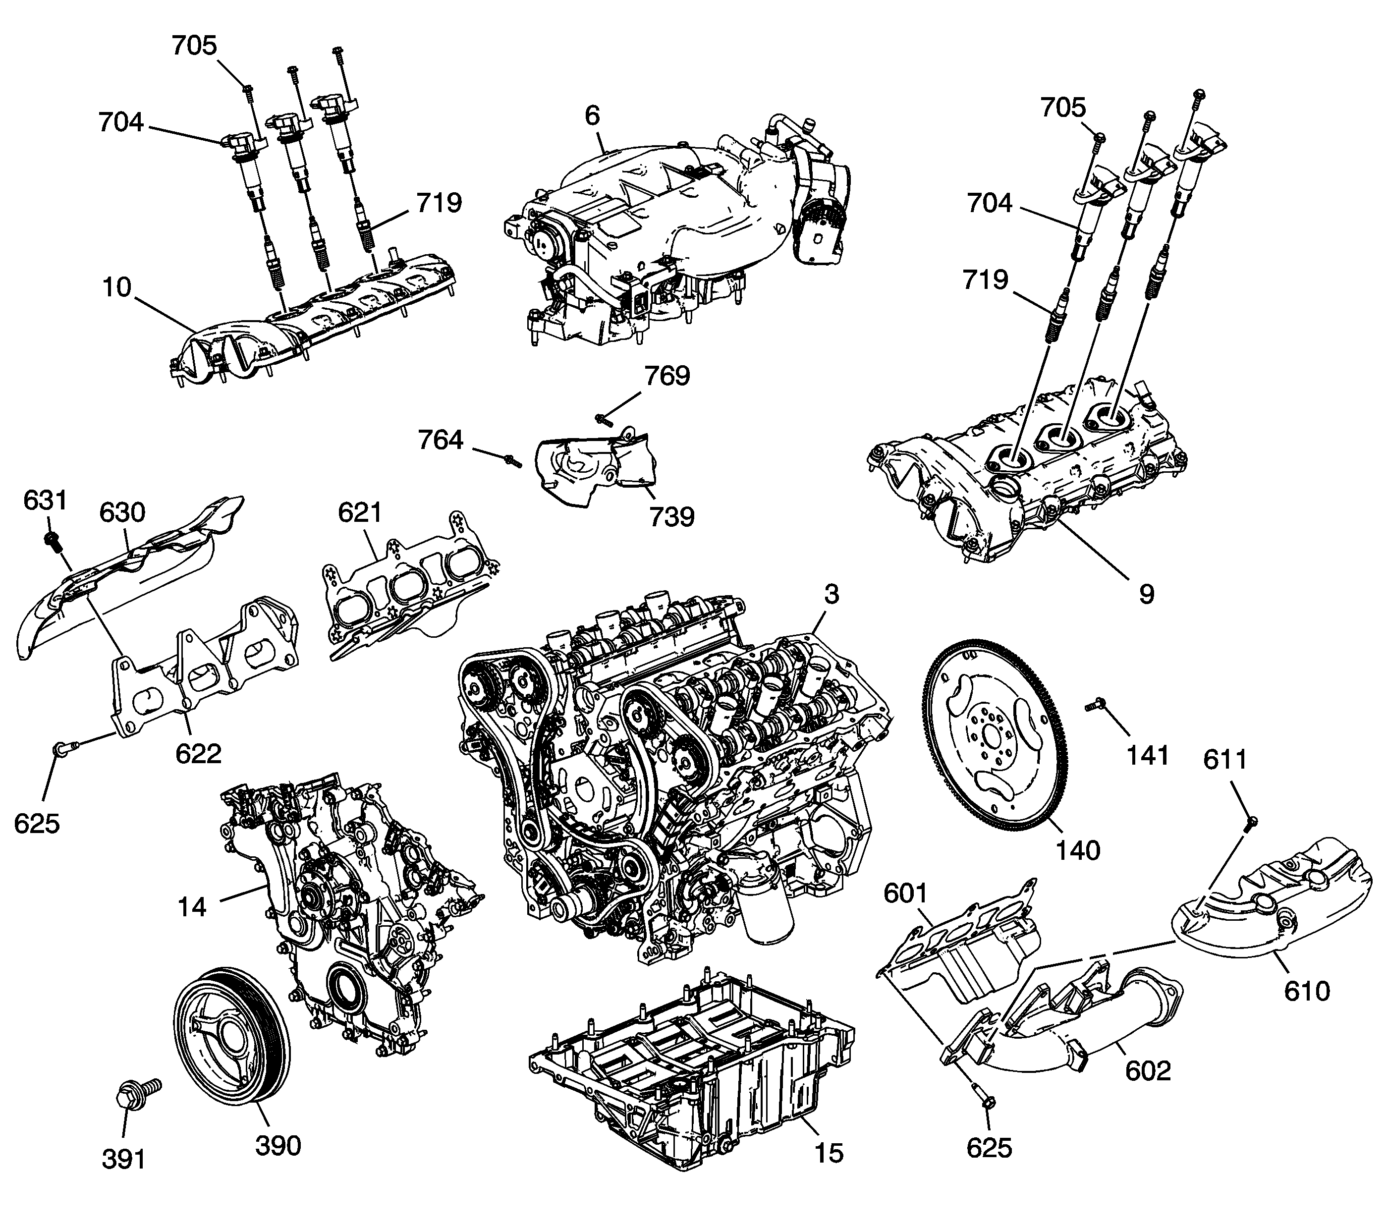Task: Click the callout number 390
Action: coord(278,1145)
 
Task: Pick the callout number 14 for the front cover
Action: coord(192,906)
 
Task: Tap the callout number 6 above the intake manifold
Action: coord(592,116)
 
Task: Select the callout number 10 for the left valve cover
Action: coord(116,287)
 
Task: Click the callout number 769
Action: coord(667,376)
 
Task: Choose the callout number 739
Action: coord(671,517)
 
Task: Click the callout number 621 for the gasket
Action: coord(361,512)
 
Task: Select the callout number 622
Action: coord(198,753)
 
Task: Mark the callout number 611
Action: coord(1226,760)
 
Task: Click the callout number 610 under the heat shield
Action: coord(1307,991)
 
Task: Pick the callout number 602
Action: coord(1149,1071)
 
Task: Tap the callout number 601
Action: coord(906,893)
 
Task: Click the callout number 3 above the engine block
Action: coord(832,594)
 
